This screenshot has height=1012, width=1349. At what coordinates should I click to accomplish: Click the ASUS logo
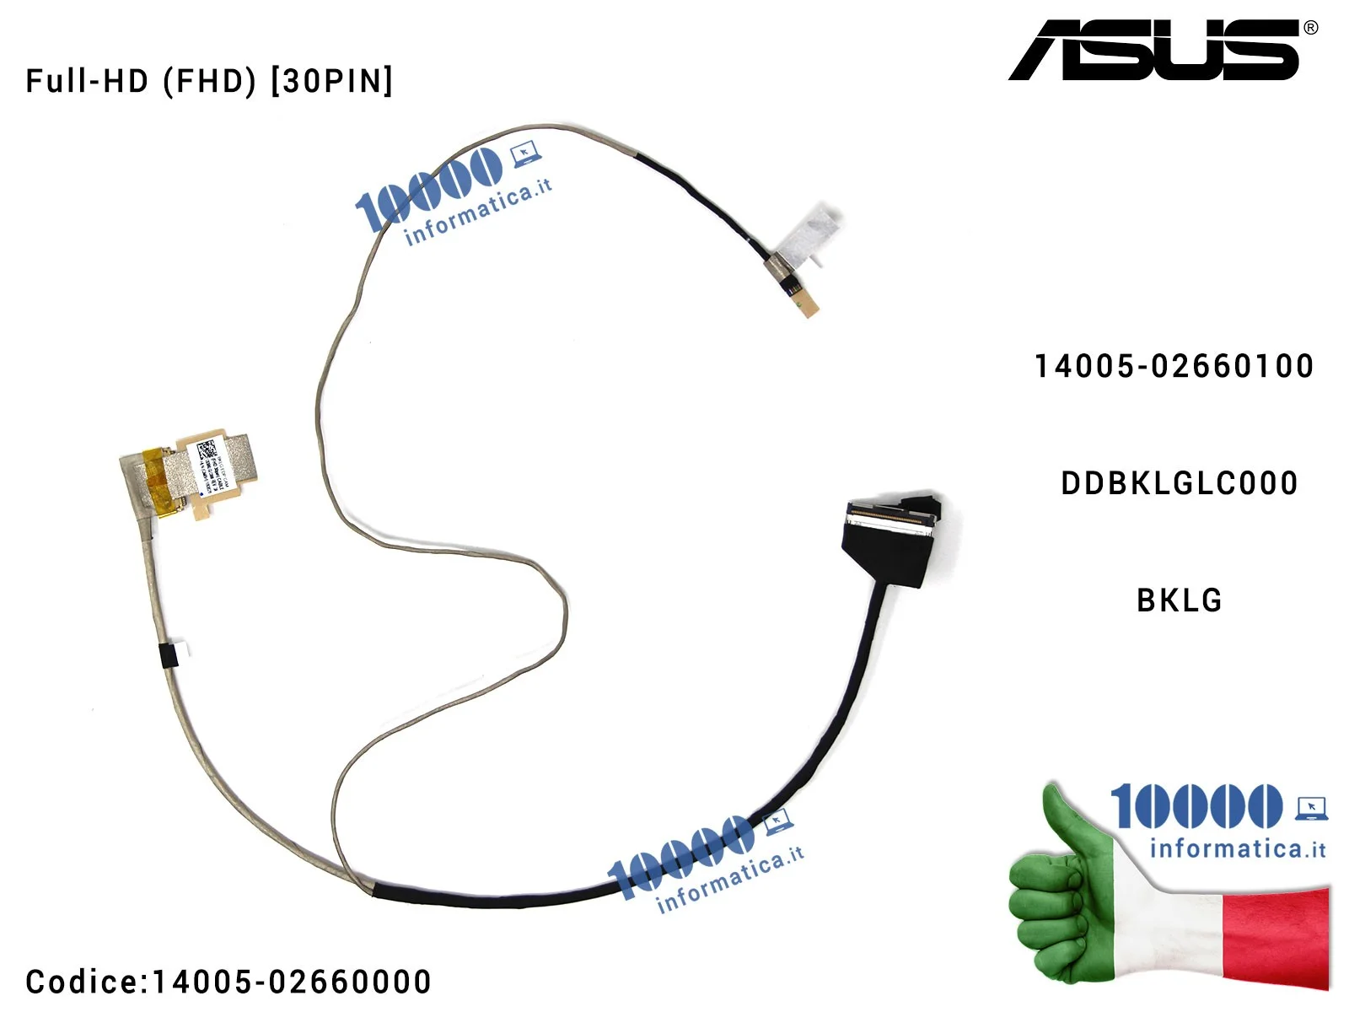pyautogui.click(x=1153, y=50)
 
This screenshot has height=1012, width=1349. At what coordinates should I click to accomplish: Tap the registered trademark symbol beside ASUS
pyautogui.click(x=1310, y=28)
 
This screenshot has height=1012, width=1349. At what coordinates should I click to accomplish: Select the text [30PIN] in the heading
pyautogui.click(x=332, y=81)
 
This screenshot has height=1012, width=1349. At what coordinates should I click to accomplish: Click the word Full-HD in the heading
pyautogui.click(x=87, y=81)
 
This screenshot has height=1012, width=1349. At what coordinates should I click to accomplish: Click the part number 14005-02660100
pyautogui.click(x=1174, y=366)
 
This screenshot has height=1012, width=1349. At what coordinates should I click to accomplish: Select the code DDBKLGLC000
pyautogui.click(x=1179, y=483)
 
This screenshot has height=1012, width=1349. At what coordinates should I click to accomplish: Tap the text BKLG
pyautogui.click(x=1179, y=600)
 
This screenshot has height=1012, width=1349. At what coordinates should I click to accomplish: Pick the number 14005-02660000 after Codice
pyautogui.click(x=292, y=982)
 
